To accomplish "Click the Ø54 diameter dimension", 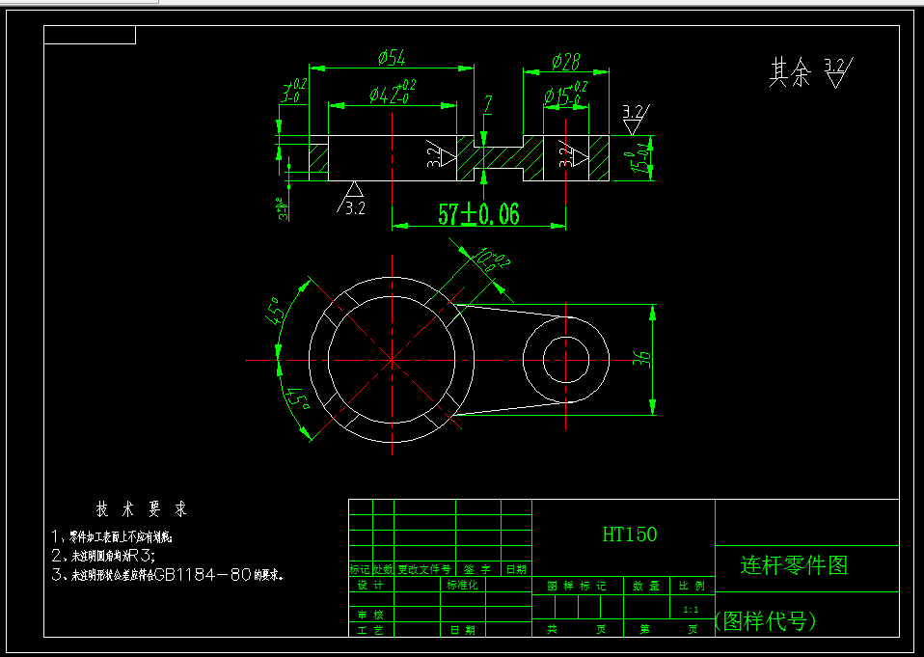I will [392, 59].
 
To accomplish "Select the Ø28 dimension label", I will [565, 62].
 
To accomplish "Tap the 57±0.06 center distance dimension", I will [478, 214].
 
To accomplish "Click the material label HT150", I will [629, 534].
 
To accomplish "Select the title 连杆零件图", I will [794, 565].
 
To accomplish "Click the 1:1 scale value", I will [691, 610].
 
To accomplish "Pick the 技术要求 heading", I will [141, 508].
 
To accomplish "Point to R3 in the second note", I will [141, 556].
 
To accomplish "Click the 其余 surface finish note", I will [790, 73].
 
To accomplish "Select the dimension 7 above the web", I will [488, 104].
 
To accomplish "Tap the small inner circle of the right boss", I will [565, 360].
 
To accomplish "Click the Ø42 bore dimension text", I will [391, 95].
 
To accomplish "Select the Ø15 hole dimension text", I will [564, 96].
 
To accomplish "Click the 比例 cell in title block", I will [692, 586].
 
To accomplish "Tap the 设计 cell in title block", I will [370, 586].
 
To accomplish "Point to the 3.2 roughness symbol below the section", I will [353, 199].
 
